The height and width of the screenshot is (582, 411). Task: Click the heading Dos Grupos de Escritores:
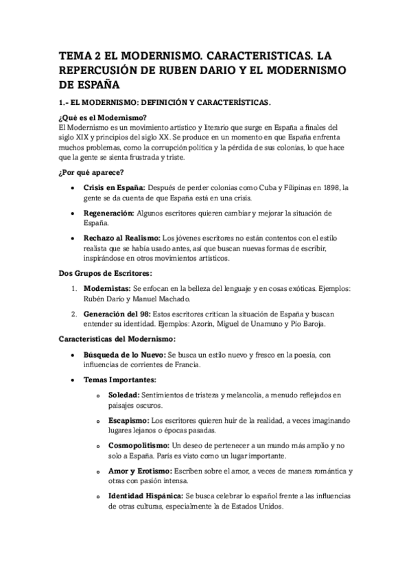[103, 274]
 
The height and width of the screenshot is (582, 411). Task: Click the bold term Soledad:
[124, 395]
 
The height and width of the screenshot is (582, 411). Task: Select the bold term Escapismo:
[128, 420]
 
